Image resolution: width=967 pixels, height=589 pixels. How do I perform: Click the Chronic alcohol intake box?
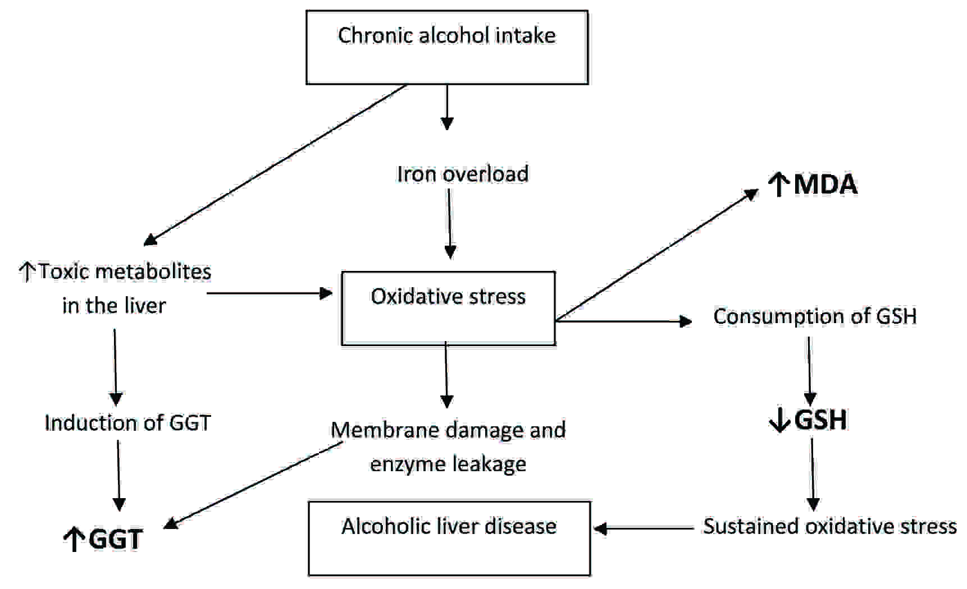[446, 48]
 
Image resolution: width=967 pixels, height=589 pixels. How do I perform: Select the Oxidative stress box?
[448, 308]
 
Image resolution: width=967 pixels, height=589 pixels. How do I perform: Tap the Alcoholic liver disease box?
[449, 538]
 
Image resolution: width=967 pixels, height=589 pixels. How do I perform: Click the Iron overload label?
[462, 174]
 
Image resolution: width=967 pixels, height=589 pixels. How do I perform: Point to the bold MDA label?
[825, 185]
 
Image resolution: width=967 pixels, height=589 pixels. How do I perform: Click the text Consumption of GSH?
[814, 316]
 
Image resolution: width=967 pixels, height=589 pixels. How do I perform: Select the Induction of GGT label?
[127, 423]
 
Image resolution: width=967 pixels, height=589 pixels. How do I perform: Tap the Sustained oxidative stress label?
[829, 526]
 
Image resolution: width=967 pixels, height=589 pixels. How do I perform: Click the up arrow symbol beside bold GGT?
[73, 540]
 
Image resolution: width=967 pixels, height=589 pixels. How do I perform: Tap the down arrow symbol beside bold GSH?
[779, 421]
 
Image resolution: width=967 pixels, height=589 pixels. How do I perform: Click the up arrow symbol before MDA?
[778, 185]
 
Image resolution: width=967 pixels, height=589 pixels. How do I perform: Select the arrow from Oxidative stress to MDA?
[657, 255]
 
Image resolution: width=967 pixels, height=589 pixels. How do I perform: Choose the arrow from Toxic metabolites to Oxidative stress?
[270, 293]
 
